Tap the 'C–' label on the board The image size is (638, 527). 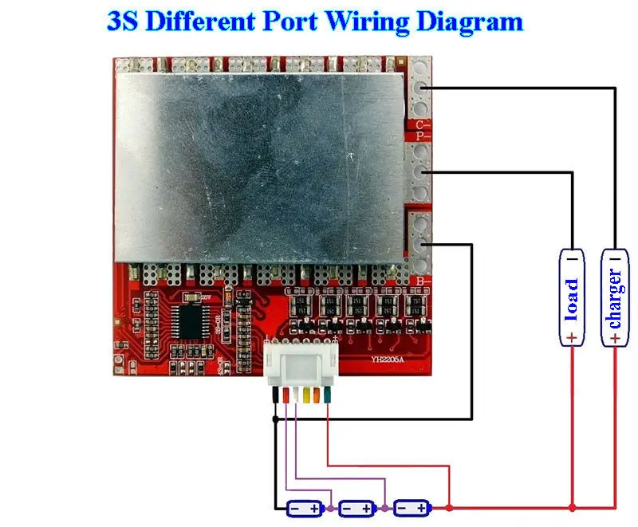[423, 125]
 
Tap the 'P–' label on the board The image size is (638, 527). [423, 136]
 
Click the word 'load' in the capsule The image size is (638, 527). [572, 298]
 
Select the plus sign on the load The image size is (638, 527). [572, 338]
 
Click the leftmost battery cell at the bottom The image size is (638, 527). [305, 508]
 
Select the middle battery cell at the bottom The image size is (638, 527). [356, 508]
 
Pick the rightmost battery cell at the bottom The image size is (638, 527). [412, 508]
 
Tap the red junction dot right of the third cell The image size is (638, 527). [450, 507]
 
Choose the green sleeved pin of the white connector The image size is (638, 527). [327, 395]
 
